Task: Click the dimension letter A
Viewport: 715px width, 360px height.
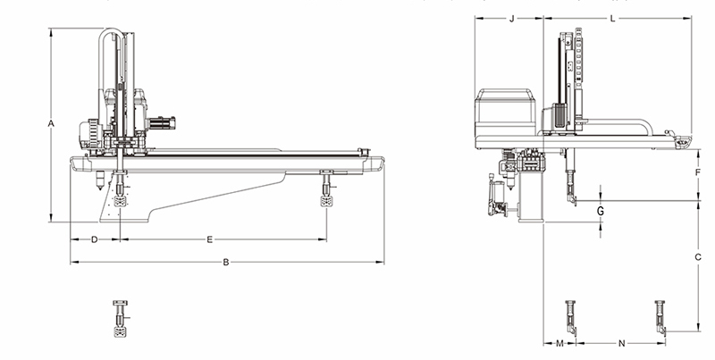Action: click(x=51, y=123)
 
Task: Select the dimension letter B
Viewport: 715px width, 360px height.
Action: click(x=226, y=263)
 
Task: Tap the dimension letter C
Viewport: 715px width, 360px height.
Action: click(x=698, y=257)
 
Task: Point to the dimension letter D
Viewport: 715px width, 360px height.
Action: click(x=95, y=239)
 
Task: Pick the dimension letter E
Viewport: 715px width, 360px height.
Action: click(x=210, y=239)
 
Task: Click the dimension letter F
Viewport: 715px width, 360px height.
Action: click(x=698, y=172)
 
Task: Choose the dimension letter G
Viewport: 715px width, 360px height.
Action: click(x=601, y=211)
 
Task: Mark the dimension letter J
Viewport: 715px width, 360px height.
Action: click(x=511, y=19)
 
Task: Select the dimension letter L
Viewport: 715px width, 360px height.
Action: click(x=613, y=19)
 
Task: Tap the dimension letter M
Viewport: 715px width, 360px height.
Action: click(x=560, y=343)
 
